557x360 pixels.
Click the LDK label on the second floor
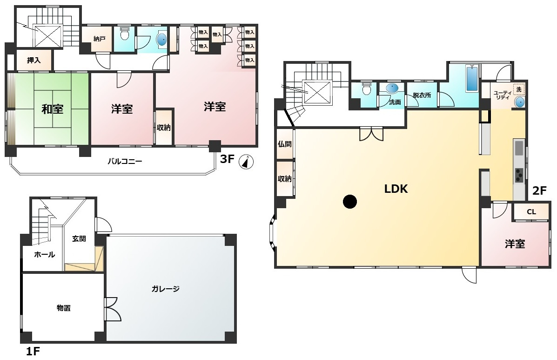point(396,189)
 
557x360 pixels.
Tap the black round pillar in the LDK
point(350,202)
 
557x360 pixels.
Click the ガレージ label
point(166,289)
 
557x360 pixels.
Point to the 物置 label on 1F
point(64,308)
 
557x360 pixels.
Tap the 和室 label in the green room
point(53,109)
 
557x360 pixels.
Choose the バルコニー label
point(125,161)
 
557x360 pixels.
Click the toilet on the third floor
point(124,34)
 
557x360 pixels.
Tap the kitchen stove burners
point(519,175)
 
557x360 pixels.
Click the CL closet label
point(531,212)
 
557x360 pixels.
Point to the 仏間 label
point(284,144)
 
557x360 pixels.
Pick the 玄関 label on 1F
point(79,239)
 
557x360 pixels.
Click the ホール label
point(44,255)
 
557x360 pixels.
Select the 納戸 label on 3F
point(100,39)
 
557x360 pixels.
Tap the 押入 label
point(34,61)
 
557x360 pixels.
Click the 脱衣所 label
point(422,95)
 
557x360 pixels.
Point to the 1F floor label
point(33,352)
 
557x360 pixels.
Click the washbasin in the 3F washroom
point(161,40)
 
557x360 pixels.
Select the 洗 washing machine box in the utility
point(519,89)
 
